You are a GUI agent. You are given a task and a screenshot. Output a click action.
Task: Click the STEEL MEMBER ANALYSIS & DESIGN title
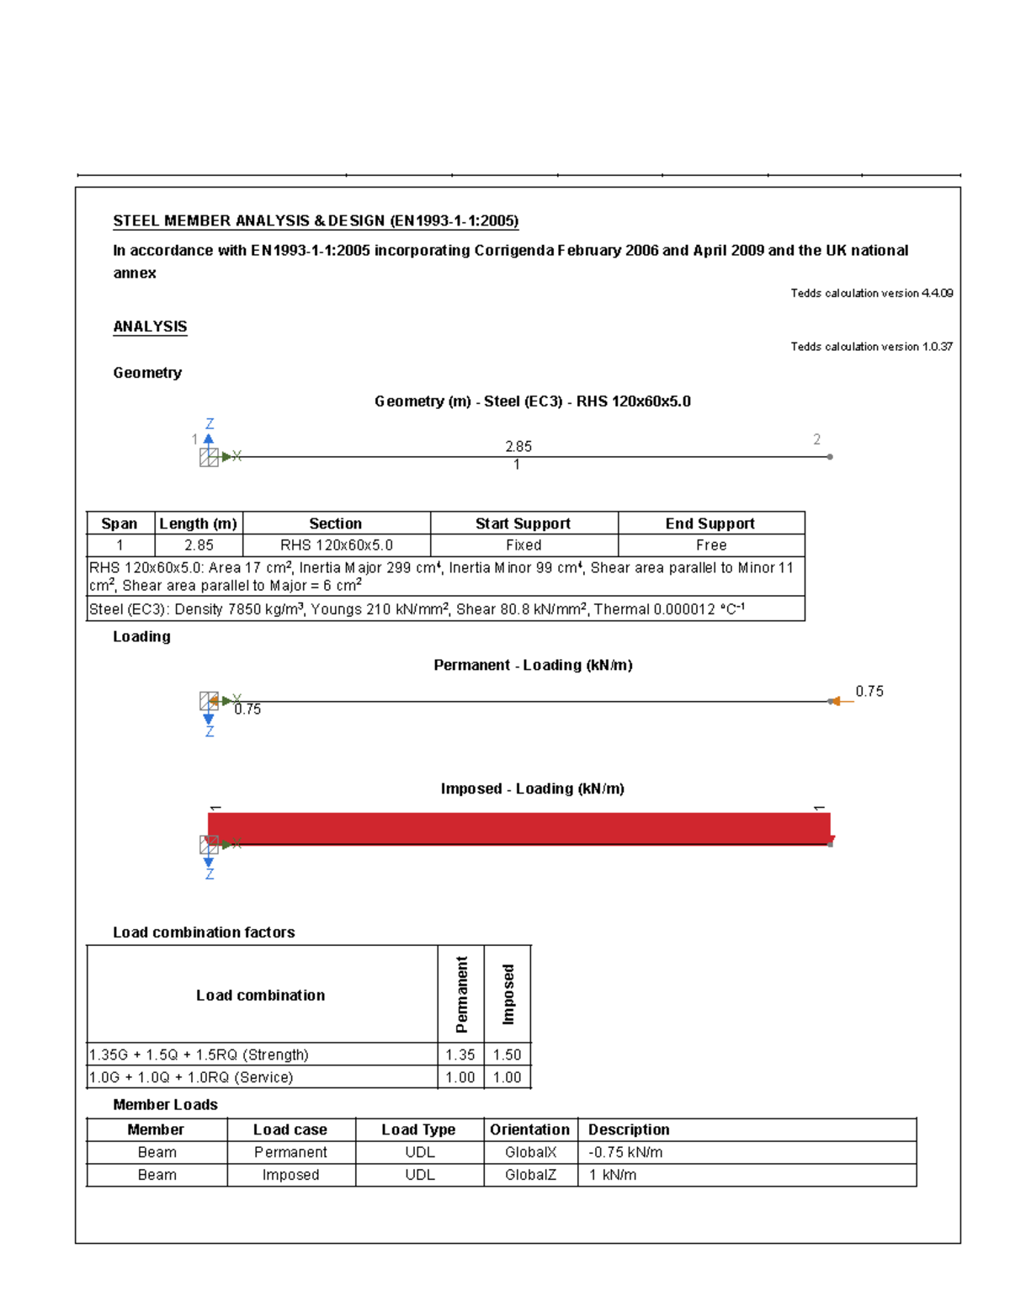click(x=316, y=221)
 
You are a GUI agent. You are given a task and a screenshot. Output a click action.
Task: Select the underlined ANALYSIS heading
click(x=150, y=327)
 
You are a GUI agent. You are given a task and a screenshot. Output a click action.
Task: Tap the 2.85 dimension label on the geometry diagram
click(x=518, y=446)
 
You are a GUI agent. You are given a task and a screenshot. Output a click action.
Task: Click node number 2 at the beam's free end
click(x=816, y=439)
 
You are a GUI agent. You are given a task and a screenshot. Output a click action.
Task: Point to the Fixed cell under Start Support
click(x=524, y=545)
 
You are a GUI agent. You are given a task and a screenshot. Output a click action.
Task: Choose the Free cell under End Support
click(x=710, y=545)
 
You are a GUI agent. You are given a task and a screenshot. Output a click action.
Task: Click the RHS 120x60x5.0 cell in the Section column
click(x=336, y=545)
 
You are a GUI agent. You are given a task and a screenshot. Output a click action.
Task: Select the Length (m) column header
click(x=199, y=523)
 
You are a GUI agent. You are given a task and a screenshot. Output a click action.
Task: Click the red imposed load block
click(x=518, y=828)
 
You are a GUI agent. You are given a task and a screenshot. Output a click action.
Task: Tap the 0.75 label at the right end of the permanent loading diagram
click(x=869, y=691)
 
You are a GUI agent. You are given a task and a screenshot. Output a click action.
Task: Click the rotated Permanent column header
click(x=461, y=994)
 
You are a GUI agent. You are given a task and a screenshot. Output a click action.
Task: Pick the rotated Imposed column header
click(x=508, y=994)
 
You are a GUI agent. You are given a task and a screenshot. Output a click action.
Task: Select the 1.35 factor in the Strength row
click(x=460, y=1055)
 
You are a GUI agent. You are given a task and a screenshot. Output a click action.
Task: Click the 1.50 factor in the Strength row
click(x=507, y=1055)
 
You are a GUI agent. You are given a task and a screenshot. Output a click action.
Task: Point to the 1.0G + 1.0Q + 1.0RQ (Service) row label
click(x=191, y=1077)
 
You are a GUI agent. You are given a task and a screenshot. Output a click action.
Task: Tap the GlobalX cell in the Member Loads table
click(x=530, y=1152)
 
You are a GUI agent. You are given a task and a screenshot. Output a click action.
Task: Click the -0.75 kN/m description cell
click(x=625, y=1152)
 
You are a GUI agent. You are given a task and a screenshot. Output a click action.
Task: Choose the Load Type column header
click(x=418, y=1129)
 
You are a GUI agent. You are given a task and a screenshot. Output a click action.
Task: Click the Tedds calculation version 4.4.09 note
click(x=871, y=293)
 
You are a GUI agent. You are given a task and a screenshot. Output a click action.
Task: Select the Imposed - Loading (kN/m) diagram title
click(x=532, y=789)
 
